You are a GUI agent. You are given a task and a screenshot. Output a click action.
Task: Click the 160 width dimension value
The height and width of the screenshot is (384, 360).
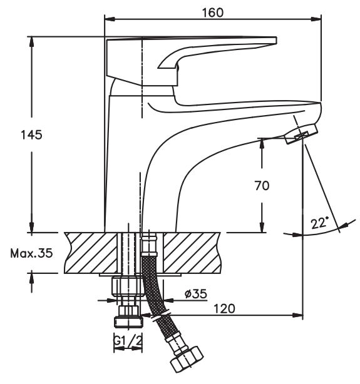pyautogui.click(x=213, y=13)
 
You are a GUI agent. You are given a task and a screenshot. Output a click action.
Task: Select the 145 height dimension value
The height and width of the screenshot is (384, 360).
pyautogui.click(x=31, y=135)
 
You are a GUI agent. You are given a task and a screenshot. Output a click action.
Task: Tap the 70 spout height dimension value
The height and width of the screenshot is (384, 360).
pyautogui.click(x=262, y=186)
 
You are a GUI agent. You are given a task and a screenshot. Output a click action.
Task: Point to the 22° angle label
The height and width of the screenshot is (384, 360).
pyautogui.click(x=319, y=223)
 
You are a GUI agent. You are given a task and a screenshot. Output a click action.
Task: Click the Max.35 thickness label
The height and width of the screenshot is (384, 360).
pyautogui.click(x=31, y=253)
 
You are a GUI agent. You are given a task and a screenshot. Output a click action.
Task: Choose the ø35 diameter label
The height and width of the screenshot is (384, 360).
pyautogui.click(x=196, y=294)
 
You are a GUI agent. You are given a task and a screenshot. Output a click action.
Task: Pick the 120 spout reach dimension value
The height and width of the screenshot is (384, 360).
pyautogui.click(x=224, y=308)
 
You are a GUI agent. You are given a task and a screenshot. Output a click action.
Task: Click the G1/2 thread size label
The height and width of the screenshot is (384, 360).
pyautogui.click(x=128, y=341)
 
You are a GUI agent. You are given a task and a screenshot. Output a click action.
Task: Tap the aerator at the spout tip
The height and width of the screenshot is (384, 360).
pyautogui.click(x=301, y=134)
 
